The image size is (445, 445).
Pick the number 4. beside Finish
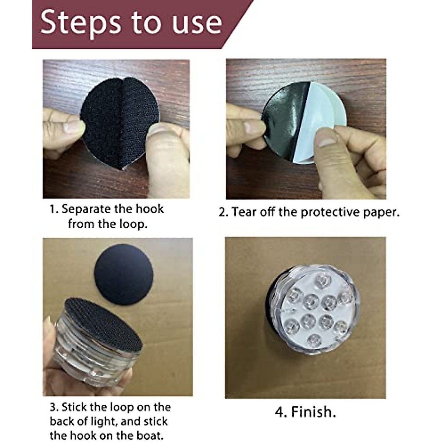coord(281,412)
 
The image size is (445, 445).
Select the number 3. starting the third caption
coord(54,407)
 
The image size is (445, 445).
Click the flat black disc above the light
coord(124,274)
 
